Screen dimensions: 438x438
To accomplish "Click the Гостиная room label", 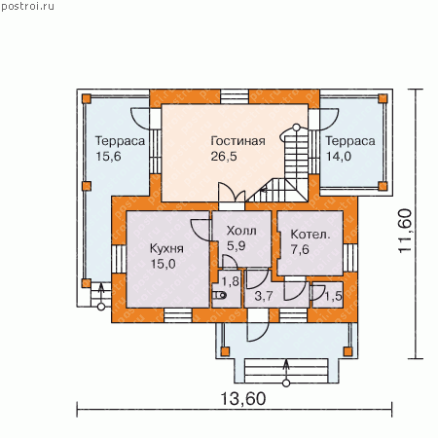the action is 237,141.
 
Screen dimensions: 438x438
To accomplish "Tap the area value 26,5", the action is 224,157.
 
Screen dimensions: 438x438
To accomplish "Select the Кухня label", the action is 166,248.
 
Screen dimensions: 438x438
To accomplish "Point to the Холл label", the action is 241,231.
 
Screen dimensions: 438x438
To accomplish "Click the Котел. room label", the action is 310,235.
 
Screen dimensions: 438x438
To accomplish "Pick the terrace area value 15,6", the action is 108,157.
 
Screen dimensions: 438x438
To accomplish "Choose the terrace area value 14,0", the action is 339,157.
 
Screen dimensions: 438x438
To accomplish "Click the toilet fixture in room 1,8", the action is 220,295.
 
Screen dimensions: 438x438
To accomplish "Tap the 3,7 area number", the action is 264,296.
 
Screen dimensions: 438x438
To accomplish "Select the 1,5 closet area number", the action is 334,296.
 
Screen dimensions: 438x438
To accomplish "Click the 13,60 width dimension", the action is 243,398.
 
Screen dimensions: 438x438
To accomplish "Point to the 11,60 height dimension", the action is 405,231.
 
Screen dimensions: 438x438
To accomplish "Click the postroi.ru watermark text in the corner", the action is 27,7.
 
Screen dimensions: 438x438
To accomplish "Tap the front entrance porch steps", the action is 286,371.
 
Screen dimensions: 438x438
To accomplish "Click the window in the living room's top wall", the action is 235,96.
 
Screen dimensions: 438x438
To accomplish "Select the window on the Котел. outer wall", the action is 350,258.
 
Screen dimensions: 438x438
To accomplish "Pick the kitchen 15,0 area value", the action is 163,264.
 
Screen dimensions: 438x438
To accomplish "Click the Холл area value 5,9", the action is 236,246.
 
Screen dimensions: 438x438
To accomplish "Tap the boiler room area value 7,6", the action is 300,249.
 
